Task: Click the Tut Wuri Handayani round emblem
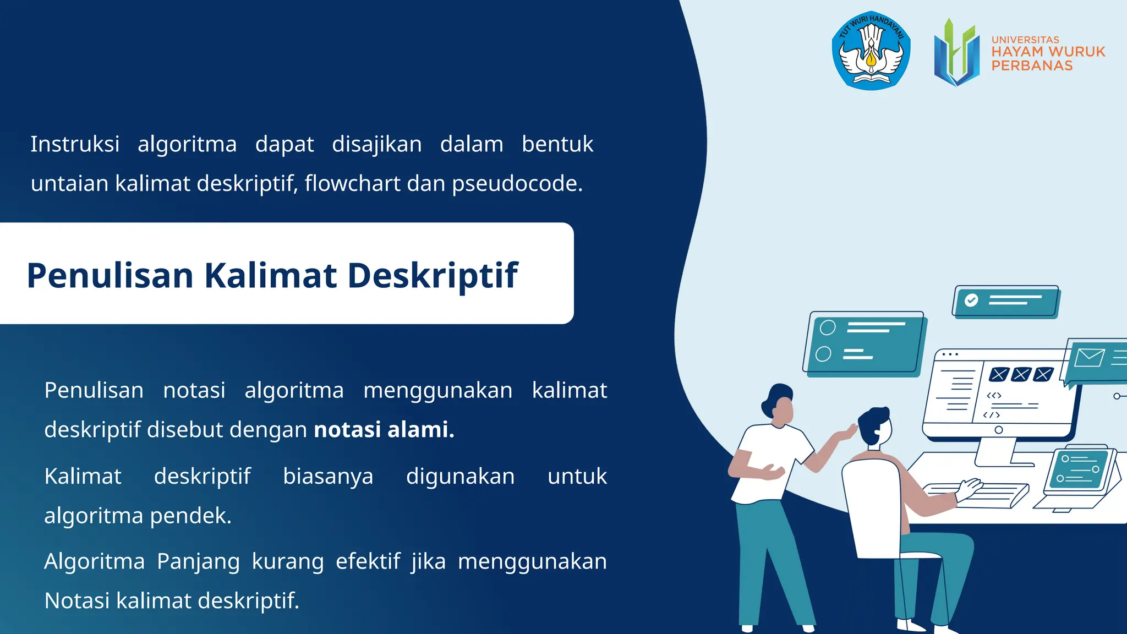[871, 51]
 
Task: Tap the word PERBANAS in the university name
[1032, 65]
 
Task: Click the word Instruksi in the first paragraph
[75, 144]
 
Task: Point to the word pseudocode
[517, 183]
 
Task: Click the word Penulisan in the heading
[110, 275]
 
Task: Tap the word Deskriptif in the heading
[433, 275]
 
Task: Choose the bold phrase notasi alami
[384, 429]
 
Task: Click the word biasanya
[328, 476]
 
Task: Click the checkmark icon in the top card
[971, 300]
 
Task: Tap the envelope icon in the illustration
[1089, 358]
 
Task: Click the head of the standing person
[780, 405]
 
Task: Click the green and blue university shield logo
[956, 52]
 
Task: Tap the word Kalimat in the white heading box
[270, 275]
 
